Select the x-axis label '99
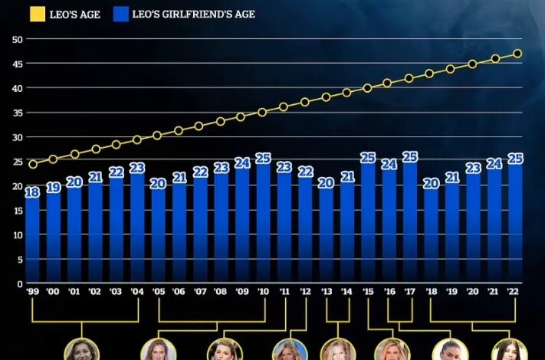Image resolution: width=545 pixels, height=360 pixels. point(32,292)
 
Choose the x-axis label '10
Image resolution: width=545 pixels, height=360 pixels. point(263,292)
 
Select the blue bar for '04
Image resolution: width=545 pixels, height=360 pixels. point(137,230)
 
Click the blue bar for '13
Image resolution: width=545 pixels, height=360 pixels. point(326,237)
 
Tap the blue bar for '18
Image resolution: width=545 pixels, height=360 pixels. point(431,237)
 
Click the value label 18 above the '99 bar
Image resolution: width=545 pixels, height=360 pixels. point(32,192)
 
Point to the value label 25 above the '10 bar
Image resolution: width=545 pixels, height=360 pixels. point(263,158)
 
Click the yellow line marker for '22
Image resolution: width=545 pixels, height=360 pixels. point(517,54)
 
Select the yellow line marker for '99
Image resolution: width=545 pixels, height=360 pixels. point(32,164)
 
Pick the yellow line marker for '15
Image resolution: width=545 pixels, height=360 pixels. point(368,88)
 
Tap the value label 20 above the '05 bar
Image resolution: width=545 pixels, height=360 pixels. point(158,183)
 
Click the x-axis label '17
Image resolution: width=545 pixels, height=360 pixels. point(410,292)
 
